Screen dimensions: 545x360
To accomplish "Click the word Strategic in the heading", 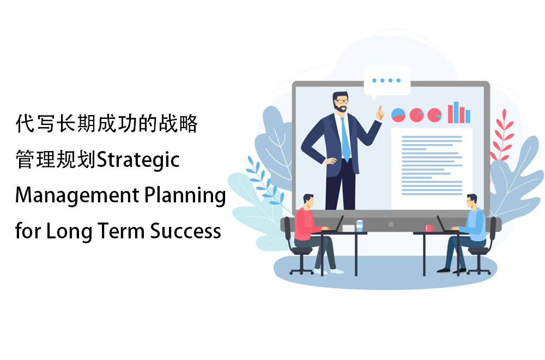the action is click(x=138, y=160).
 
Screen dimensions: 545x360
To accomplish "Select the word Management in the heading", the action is click(x=77, y=195).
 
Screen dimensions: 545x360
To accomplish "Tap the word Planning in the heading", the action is click(x=185, y=196).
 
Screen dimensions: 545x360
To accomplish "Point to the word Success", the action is click(x=186, y=231).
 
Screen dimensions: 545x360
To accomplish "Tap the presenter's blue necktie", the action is click(x=345, y=139).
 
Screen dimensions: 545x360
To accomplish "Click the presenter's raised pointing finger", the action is click(x=380, y=112).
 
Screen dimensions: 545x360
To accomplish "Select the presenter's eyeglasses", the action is click(x=341, y=101).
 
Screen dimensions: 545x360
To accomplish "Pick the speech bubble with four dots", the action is click(x=386, y=82).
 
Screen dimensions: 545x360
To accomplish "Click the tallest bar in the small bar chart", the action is click(x=456, y=112).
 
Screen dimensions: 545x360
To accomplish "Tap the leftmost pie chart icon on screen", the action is click(x=398, y=115).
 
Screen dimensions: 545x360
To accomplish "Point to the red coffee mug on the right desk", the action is click(x=429, y=228).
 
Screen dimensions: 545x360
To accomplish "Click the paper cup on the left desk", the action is click(x=359, y=225).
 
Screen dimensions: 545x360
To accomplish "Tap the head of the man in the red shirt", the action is click(x=308, y=201).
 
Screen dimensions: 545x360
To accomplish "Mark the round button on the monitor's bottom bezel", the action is click(x=391, y=224).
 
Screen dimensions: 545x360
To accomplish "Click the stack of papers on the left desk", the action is click(x=349, y=228).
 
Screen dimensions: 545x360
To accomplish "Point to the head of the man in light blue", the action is click(x=472, y=201).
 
